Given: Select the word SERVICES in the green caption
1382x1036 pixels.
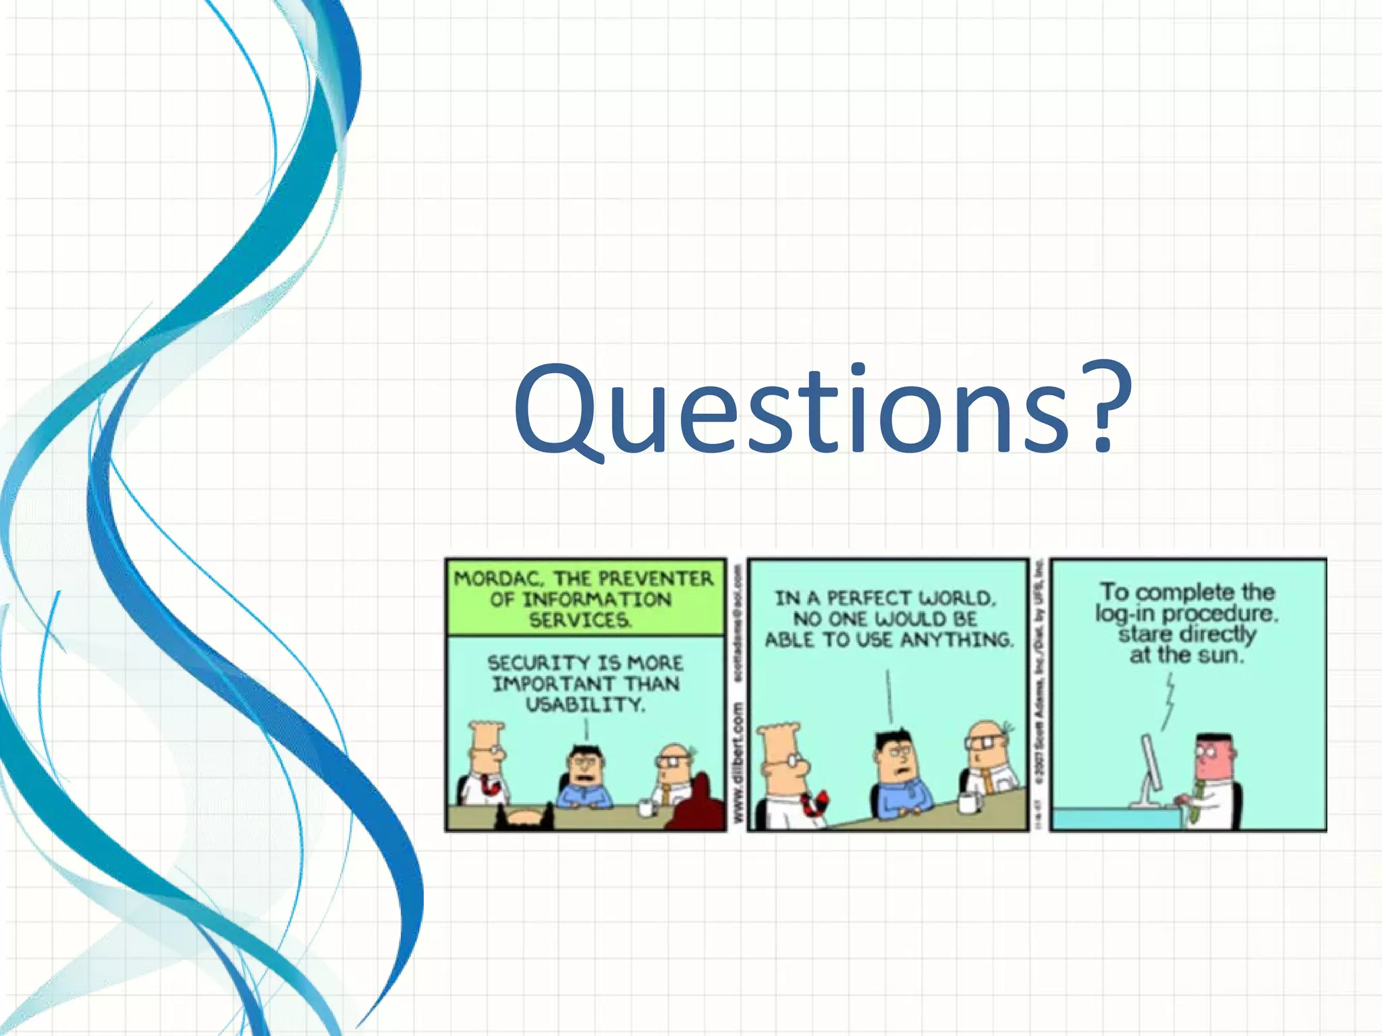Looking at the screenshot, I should pyautogui.click(x=580, y=621).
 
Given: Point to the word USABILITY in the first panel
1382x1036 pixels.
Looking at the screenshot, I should pyautogui.click(x=586, y=705).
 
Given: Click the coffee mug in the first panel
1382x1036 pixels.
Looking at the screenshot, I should pyautogui.click(x=647, y=807).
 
